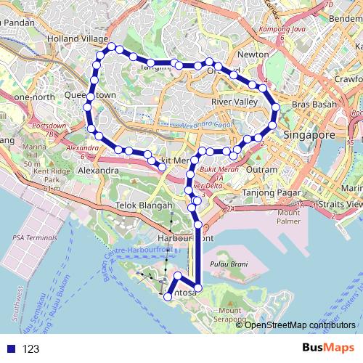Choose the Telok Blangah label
142,205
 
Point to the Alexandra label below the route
98,170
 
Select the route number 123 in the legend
30,348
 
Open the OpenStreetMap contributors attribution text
300,325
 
